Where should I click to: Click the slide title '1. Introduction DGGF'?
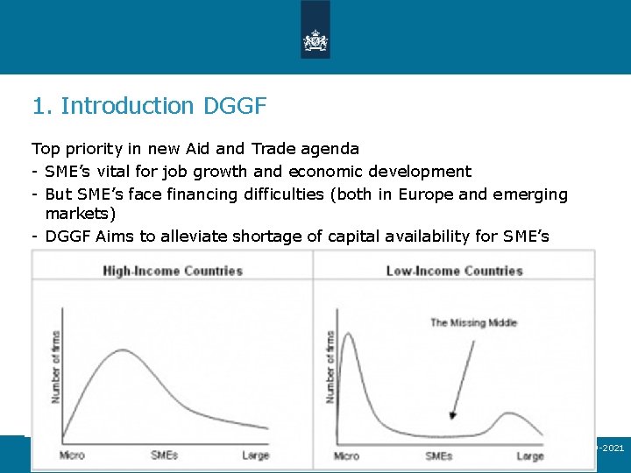(x=149, y=106)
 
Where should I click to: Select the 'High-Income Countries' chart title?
(x=173, y=271)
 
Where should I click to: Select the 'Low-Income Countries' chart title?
(x=454, y=271)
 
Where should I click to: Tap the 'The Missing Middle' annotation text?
(x=473, y=323)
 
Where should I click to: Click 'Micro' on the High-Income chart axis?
(x=72, y=455)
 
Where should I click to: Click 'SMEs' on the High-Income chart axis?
(x=165, y=455)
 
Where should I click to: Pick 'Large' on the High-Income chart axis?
(x=255, y=455)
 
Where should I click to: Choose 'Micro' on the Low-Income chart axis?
(x=346, y=455)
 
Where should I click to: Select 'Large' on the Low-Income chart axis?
(x=529, y=455)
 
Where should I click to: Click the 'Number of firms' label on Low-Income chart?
(x=330, y=366)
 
